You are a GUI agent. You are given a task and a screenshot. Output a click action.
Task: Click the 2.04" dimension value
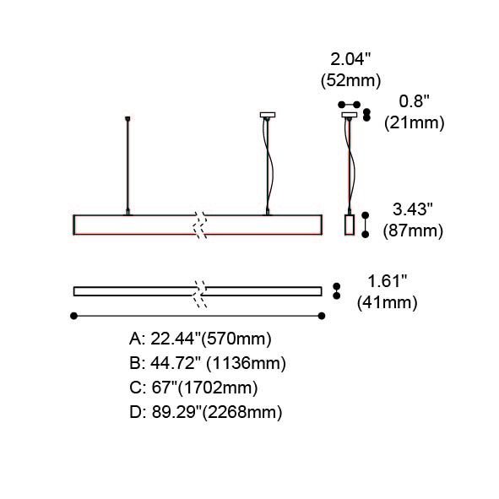350,59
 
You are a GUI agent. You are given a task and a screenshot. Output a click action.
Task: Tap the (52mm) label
350,80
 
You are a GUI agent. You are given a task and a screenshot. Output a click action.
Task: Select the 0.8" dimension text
414,101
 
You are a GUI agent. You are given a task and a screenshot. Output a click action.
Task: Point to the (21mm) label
414,122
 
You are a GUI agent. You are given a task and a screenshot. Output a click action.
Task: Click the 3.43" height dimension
412,209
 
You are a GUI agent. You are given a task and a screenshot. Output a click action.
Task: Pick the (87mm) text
413,231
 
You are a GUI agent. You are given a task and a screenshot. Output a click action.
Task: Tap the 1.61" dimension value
388,281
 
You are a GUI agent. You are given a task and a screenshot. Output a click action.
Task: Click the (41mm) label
387,302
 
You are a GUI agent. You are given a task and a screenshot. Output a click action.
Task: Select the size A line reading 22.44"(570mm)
200,339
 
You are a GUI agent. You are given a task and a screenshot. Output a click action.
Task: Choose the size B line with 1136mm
208,363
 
